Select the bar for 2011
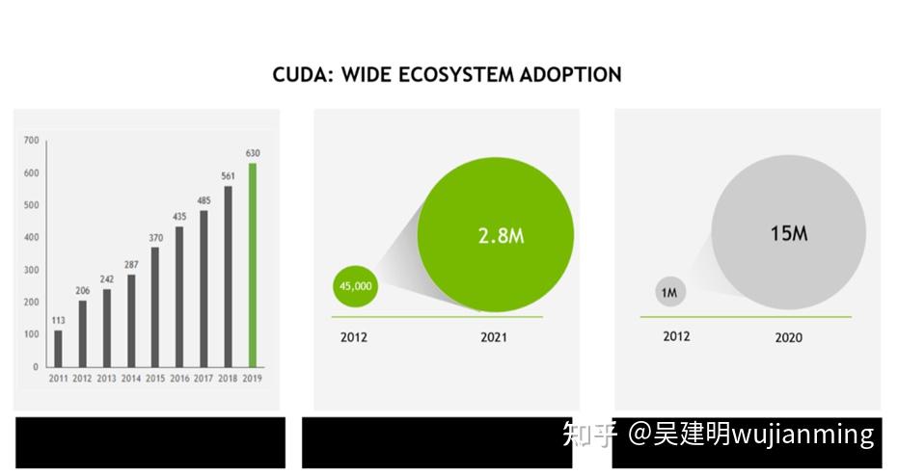point(58,348)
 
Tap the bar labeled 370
point(155,306)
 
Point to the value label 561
point(229,175)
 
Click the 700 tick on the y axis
point(31,141)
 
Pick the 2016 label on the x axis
point(180,379)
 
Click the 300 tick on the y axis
point(31,270)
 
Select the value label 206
point(82,290)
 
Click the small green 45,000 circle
point(355,286)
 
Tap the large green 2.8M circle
point(496,236)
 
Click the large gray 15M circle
point(789,233)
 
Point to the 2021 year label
point(494,337)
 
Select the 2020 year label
point(788,338)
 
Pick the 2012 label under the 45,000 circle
point(354,337)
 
